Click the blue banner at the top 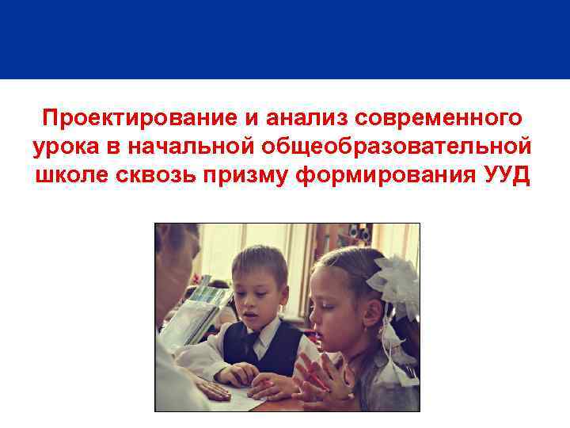tap(285, 40)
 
